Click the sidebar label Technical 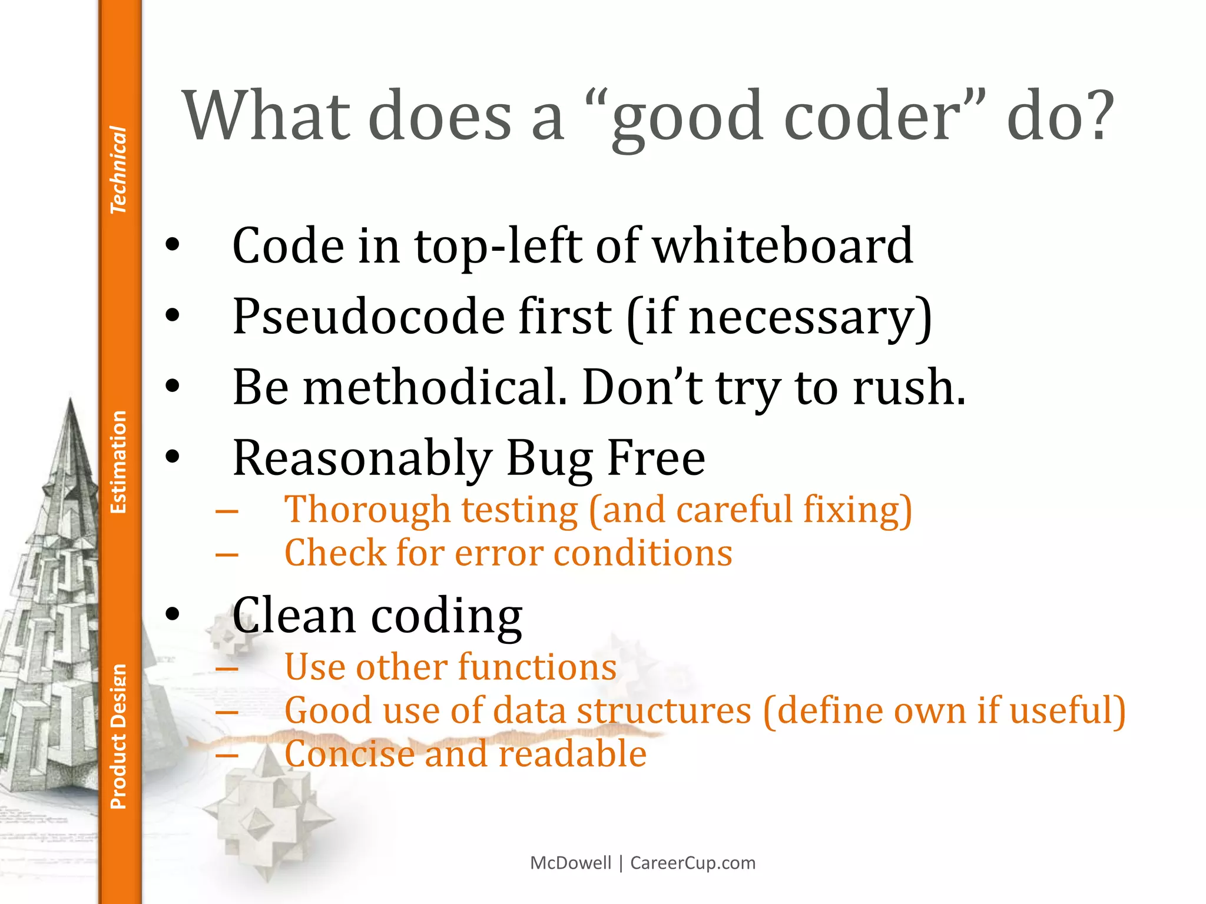point(118,169)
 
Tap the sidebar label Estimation point(118,462)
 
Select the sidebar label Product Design point(118,736)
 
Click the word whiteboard point(783,246)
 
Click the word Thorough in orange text point(367,510)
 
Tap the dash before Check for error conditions point(227,555)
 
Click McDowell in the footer point(571,863)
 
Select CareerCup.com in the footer point(693,863)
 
